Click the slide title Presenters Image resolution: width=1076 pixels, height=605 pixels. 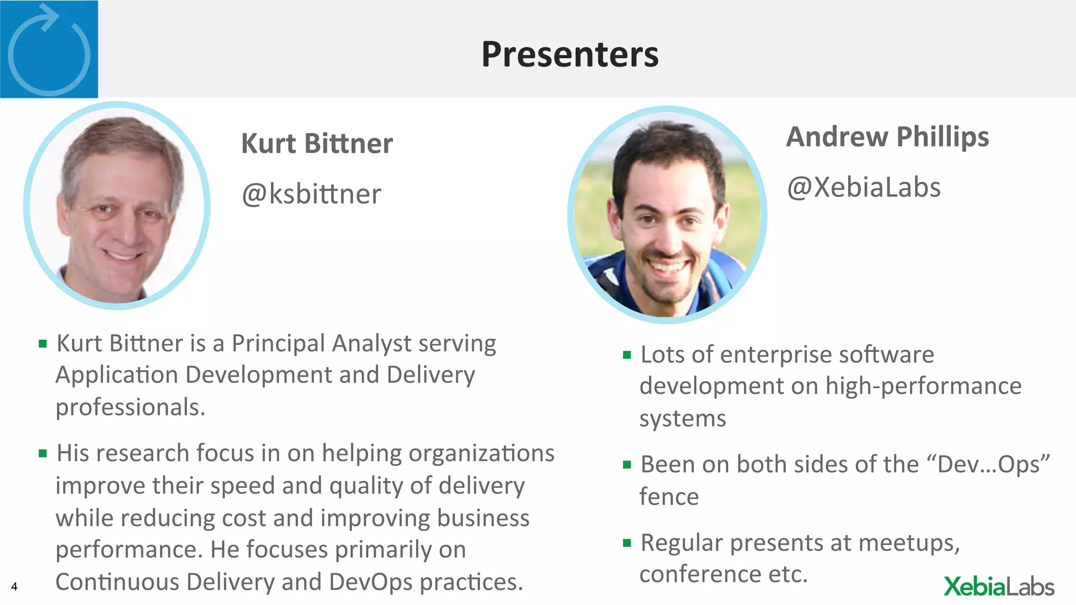pos(570,55)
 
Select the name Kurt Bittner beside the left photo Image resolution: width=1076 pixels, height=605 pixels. pos(317,144)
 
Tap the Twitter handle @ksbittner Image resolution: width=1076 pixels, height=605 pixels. pos(311,194)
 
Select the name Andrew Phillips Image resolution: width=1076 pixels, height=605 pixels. pos(887,137)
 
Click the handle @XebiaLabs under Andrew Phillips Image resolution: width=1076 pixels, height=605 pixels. pos(864,187)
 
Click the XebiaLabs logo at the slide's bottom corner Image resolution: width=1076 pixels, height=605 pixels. pos(999,587)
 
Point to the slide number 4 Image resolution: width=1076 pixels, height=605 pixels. pos(14,587)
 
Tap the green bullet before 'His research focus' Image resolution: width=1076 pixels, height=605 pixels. pos(43,453)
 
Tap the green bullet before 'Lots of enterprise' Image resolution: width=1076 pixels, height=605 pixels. pos(626,355)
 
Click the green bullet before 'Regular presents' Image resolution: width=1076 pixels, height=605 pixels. pos(626,543)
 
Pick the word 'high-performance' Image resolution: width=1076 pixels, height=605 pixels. pos(923,387)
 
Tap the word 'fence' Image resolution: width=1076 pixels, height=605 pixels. pos(669,497)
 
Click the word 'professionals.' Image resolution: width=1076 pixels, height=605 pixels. pos(130,408)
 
